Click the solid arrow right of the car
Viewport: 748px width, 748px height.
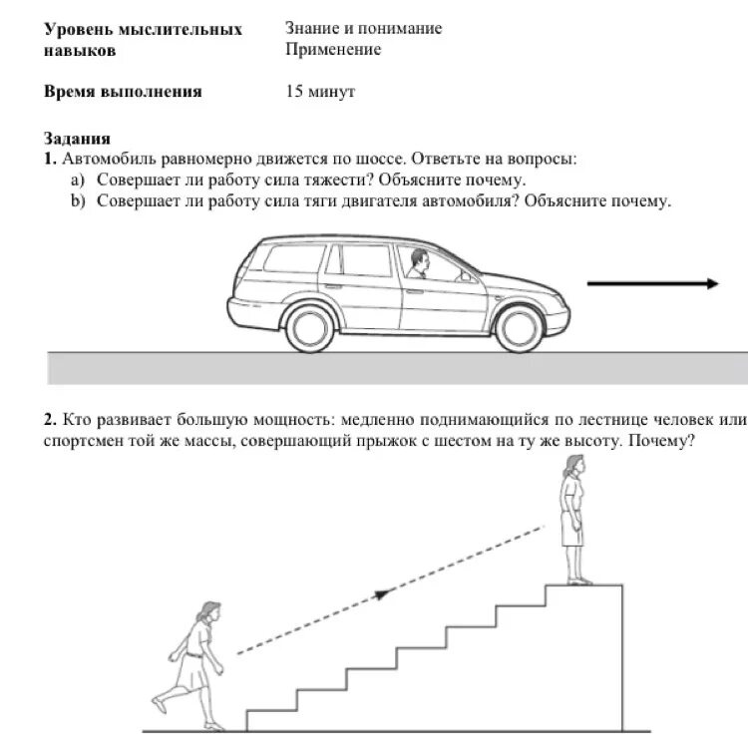[653, 283]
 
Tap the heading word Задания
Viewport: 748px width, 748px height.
[77, 139]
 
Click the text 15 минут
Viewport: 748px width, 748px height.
[320, 92]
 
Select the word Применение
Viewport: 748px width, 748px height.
[333, 50]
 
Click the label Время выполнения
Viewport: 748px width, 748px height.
[123, 92]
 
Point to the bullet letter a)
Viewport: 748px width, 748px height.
[78, 180]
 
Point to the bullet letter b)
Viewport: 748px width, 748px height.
[78, 200]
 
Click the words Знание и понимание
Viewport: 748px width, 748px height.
[363, 29]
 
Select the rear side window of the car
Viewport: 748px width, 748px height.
[287, 258]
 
